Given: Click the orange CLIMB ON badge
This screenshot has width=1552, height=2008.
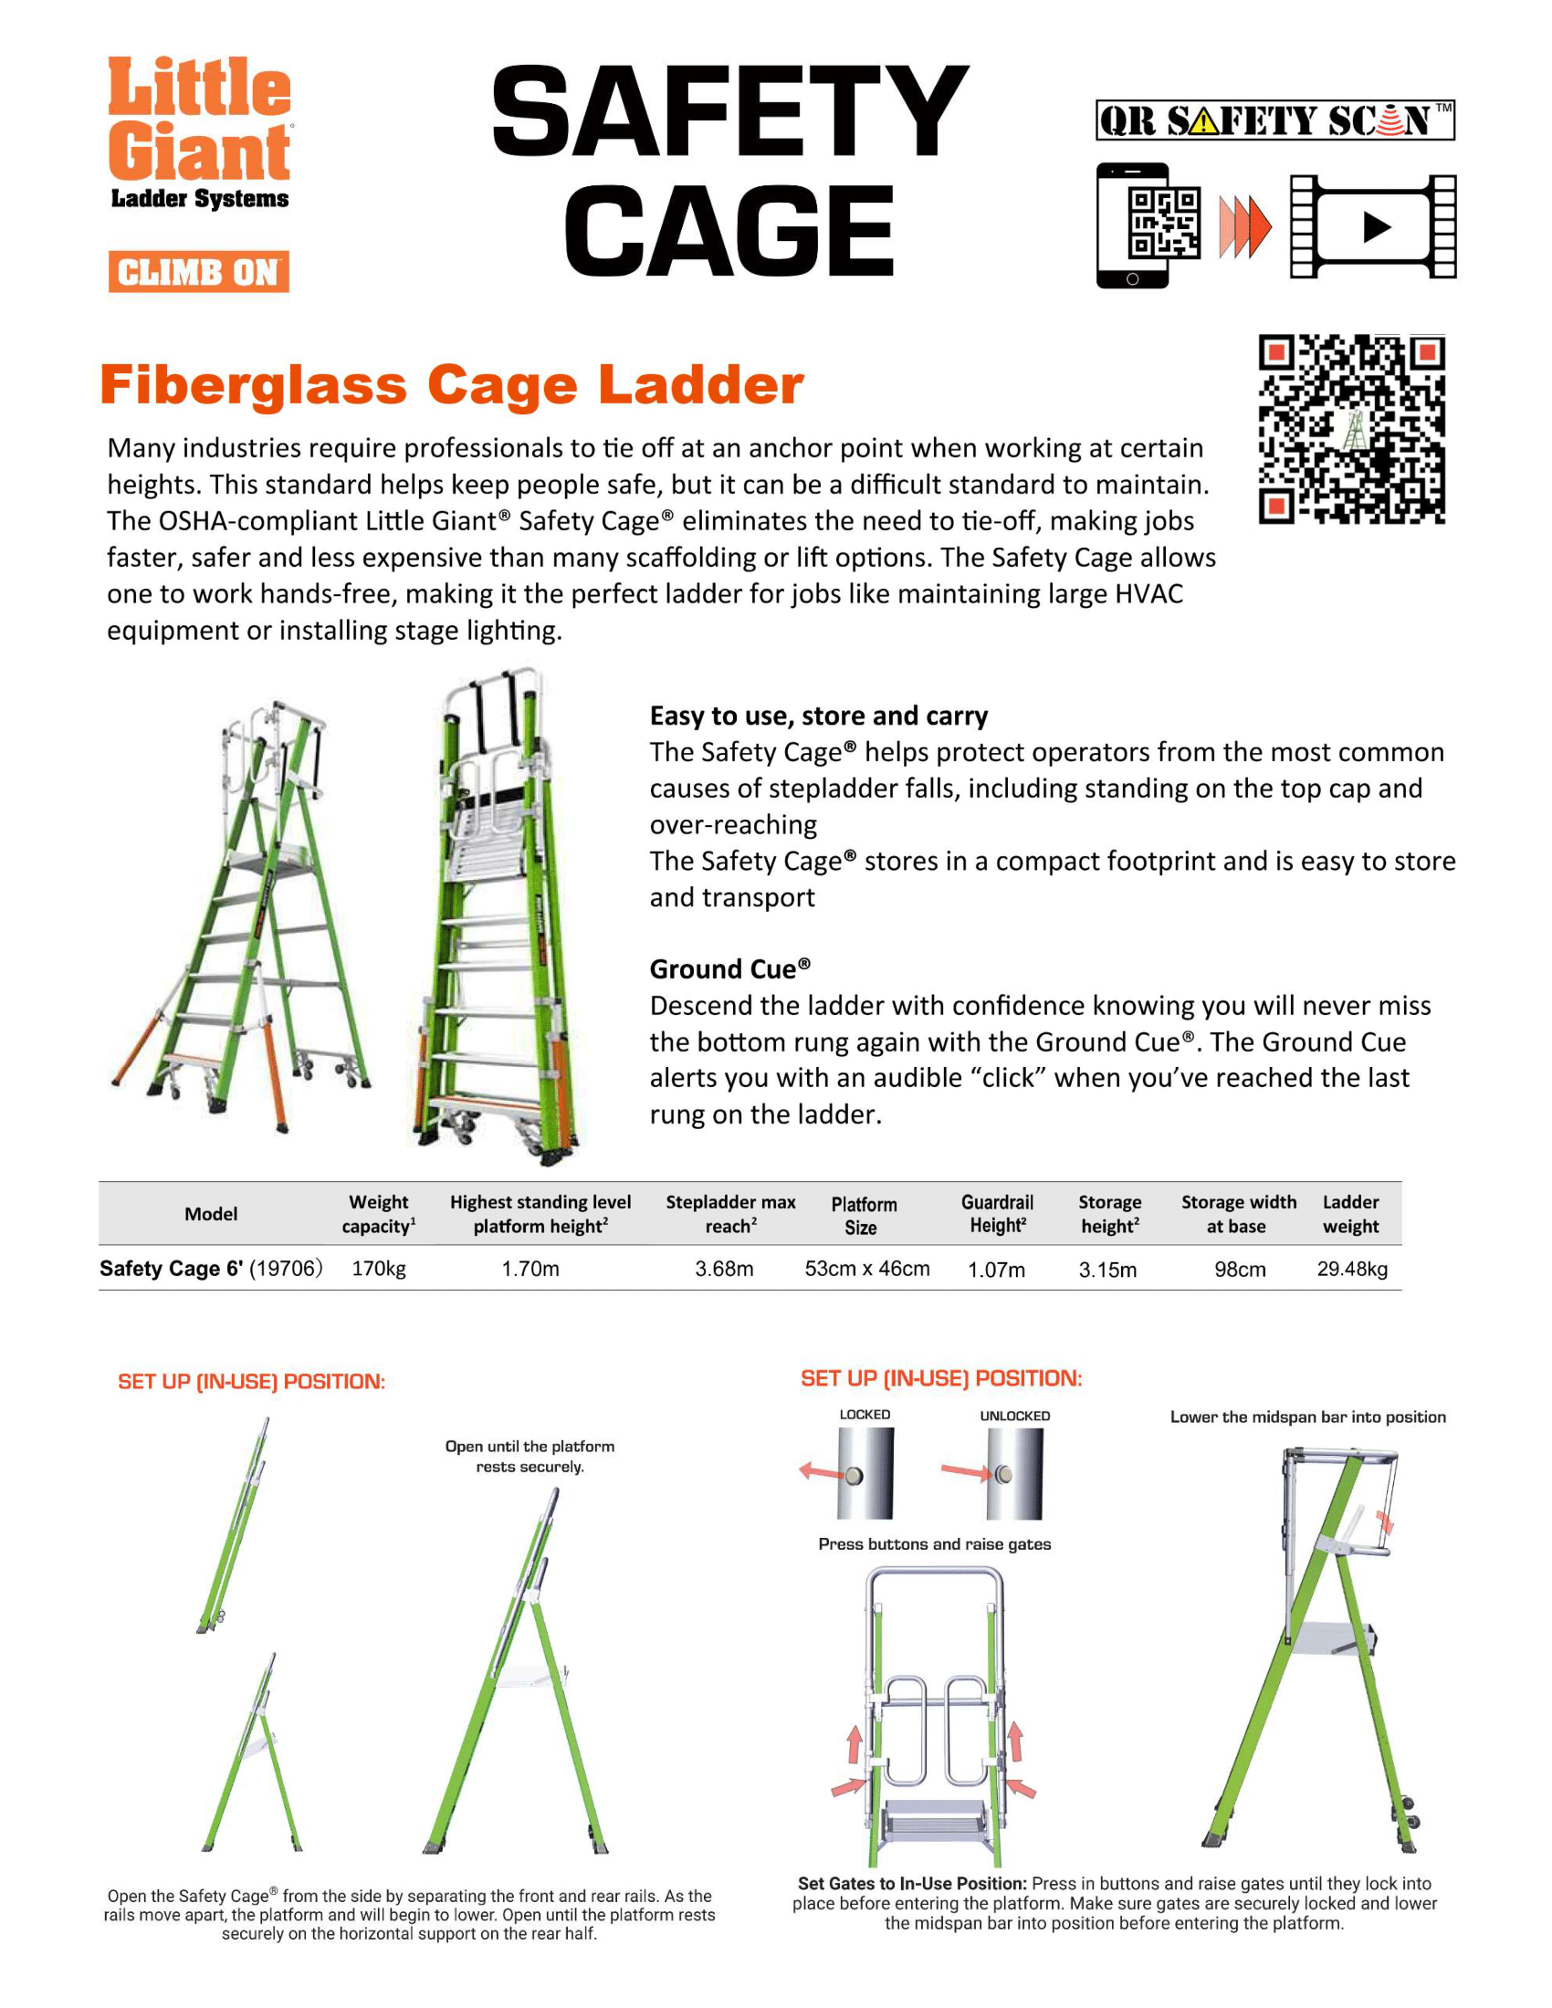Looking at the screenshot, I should pyautogui.click(x=199, y=271).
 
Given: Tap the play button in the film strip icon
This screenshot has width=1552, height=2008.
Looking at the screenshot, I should pyautogui.click(x=1375, y=226).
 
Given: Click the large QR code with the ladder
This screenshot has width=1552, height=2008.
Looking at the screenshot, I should pyautogui.click(x=1350, y=429).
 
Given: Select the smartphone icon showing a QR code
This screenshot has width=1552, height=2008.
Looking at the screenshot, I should pyautogui.click(x=1133, y=226).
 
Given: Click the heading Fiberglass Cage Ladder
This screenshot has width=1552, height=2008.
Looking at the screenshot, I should pyautogui.click(x=451, y=384).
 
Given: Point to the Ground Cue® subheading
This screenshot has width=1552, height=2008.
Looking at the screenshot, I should pyautogui.click(x=730, y=969).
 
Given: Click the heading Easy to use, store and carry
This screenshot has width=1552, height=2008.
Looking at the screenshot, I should pyautogui.click(x=818, y=716).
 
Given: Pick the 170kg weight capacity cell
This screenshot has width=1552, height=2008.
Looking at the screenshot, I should pyautogui.click(x=379, y=1269).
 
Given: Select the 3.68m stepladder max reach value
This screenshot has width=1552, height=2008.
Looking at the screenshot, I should pyautogui.click(x=724, y=1269).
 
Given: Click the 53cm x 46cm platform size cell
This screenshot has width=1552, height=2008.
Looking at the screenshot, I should pyautogui.click(x=867, y=1269).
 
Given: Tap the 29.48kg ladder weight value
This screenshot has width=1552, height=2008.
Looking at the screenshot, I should pyautogui.click(x=1351, y=1269).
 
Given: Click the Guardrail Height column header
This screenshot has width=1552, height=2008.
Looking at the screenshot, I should pyautogui.click(x=997, y=1214).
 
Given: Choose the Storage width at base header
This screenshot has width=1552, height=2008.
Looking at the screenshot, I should pyautogui.click(x=1239, y=1214).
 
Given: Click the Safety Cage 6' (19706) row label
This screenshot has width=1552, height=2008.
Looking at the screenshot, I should pyautogui.click(x=211, y=1269).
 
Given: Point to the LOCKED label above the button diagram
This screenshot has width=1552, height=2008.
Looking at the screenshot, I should pyautogui.click(x=865, y=1414).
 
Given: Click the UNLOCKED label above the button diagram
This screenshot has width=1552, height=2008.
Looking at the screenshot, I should pyautogui.click(x=1014, y=1416).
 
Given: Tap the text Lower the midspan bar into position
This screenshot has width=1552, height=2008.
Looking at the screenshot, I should pyautogui.click(x=1307, y=1417).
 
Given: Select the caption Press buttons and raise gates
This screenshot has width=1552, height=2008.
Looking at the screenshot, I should pyautogui.click(x=934, y=1543).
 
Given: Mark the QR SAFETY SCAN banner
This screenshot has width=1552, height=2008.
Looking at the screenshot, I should pyautogui.click(x=1274, y=120).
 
